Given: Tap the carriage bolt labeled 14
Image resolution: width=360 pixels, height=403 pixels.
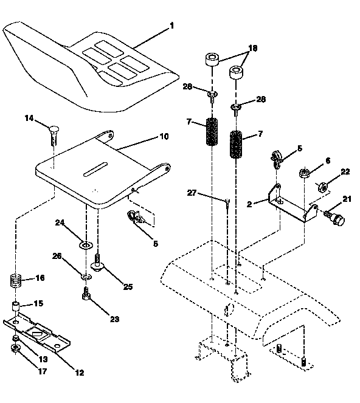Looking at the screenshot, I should click(52, 131).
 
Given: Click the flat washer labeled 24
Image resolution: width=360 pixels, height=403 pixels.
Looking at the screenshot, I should click(86, 246).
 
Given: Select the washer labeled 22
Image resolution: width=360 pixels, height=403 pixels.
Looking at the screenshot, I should click(324, 185).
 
